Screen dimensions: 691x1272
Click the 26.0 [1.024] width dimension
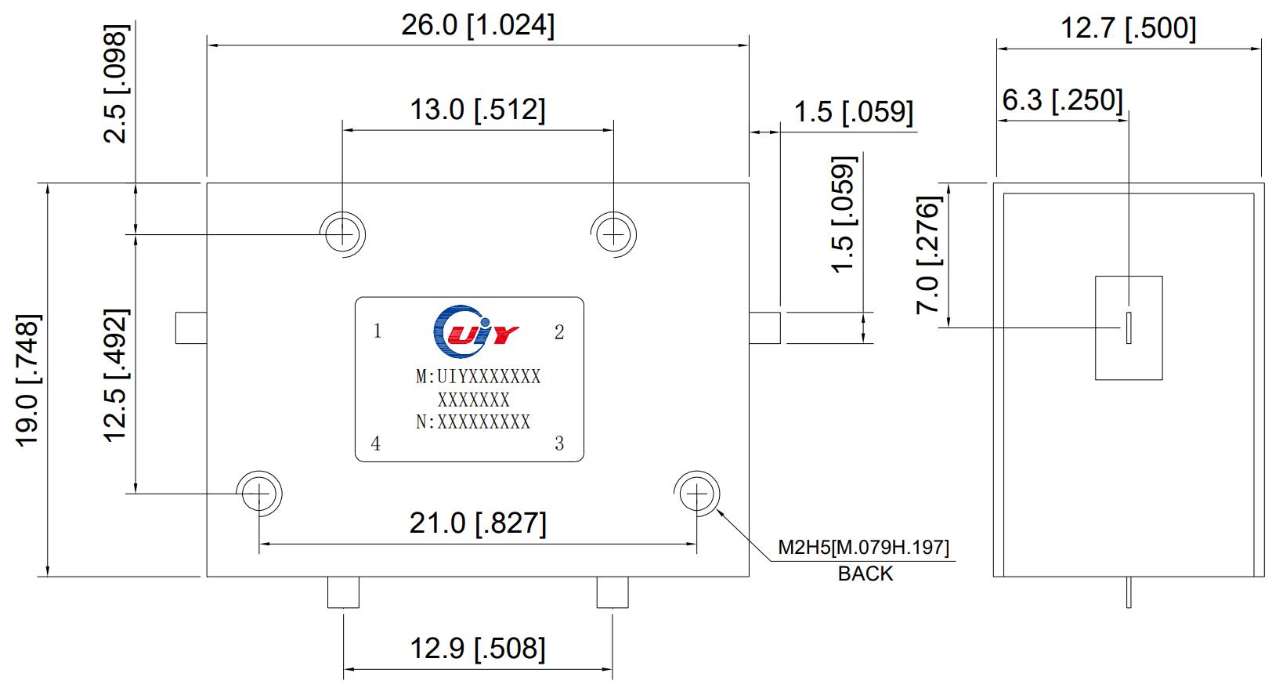477,26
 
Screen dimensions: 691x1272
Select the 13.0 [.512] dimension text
477,110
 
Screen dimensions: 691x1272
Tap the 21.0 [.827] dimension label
477,523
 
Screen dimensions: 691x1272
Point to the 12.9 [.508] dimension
477,649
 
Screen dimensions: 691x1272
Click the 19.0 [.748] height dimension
28,380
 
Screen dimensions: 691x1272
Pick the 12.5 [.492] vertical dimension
116,375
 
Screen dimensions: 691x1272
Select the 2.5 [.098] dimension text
116,85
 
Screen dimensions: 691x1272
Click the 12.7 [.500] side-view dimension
1128,28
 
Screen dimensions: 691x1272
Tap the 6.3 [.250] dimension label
1062,100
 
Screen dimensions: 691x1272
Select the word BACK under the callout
865,574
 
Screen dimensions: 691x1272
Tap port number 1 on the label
378,331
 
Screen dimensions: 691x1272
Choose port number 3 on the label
559,443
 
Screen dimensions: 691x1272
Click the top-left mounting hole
343,233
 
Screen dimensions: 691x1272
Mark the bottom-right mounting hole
696,494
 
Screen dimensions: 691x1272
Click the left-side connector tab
190,327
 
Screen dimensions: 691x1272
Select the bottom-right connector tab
612,592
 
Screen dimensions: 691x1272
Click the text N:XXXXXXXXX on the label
473,422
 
